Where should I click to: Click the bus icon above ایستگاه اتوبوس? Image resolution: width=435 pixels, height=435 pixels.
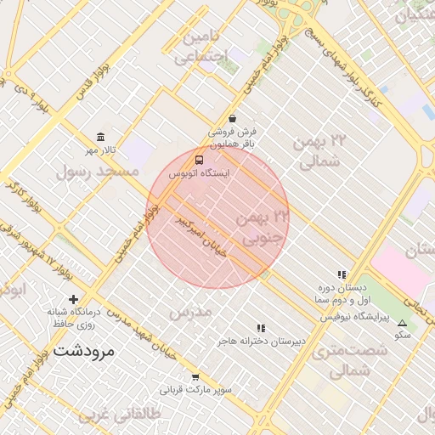pos(199,159)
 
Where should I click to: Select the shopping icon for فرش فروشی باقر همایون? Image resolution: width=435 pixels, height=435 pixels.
pos(232,119)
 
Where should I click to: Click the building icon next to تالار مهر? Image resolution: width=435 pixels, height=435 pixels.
pos(101,138)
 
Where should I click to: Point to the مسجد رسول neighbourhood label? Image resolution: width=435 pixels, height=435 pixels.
pos(97,172)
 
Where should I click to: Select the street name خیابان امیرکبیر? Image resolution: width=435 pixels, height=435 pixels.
pos(204,239)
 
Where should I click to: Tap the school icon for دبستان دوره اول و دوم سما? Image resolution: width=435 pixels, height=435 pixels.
pos(341,274)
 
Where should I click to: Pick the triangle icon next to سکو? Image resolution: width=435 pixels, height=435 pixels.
pos(402,323)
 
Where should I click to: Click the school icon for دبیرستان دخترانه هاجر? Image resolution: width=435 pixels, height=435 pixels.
pos(261,327)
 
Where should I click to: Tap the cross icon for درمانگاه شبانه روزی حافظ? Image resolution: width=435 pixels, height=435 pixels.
pos(74,299)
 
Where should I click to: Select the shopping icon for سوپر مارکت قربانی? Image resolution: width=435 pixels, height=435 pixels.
pos(195,377)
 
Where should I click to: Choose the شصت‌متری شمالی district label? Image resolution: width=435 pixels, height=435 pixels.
pos(338,361)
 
